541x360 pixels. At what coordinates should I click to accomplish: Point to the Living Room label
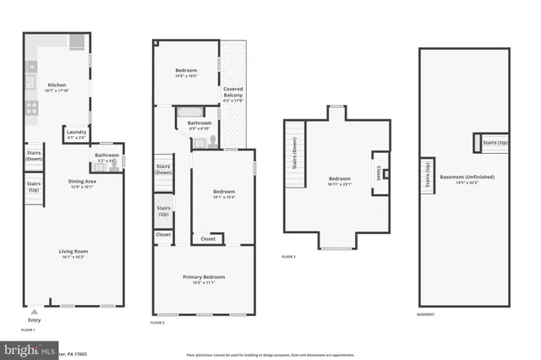point(74,253)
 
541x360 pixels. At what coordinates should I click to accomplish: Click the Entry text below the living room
point(34,319)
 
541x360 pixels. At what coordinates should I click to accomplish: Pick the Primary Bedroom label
point(204,279)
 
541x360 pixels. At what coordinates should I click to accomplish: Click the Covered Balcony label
point(232,94)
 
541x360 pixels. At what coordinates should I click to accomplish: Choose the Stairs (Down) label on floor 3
point(294,155)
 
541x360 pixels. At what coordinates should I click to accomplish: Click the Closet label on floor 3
point(377,172)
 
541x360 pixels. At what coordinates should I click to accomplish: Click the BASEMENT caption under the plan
point(427,315)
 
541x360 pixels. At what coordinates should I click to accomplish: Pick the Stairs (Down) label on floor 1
point(34,155)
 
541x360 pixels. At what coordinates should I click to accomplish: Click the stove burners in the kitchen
point(31,107)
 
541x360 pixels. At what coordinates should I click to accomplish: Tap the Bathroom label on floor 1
point(107,156)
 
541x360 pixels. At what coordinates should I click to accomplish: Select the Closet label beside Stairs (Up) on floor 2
point(163,234)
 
